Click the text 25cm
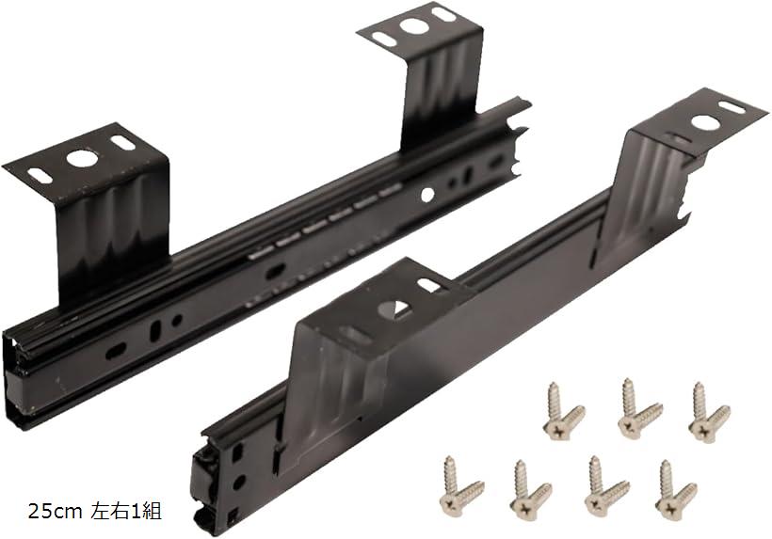pyautogui.click(x=56, y=512)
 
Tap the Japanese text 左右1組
pyautogui.click(x=126, y=512)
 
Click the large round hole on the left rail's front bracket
pyautogui.click(x=80, y=158)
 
